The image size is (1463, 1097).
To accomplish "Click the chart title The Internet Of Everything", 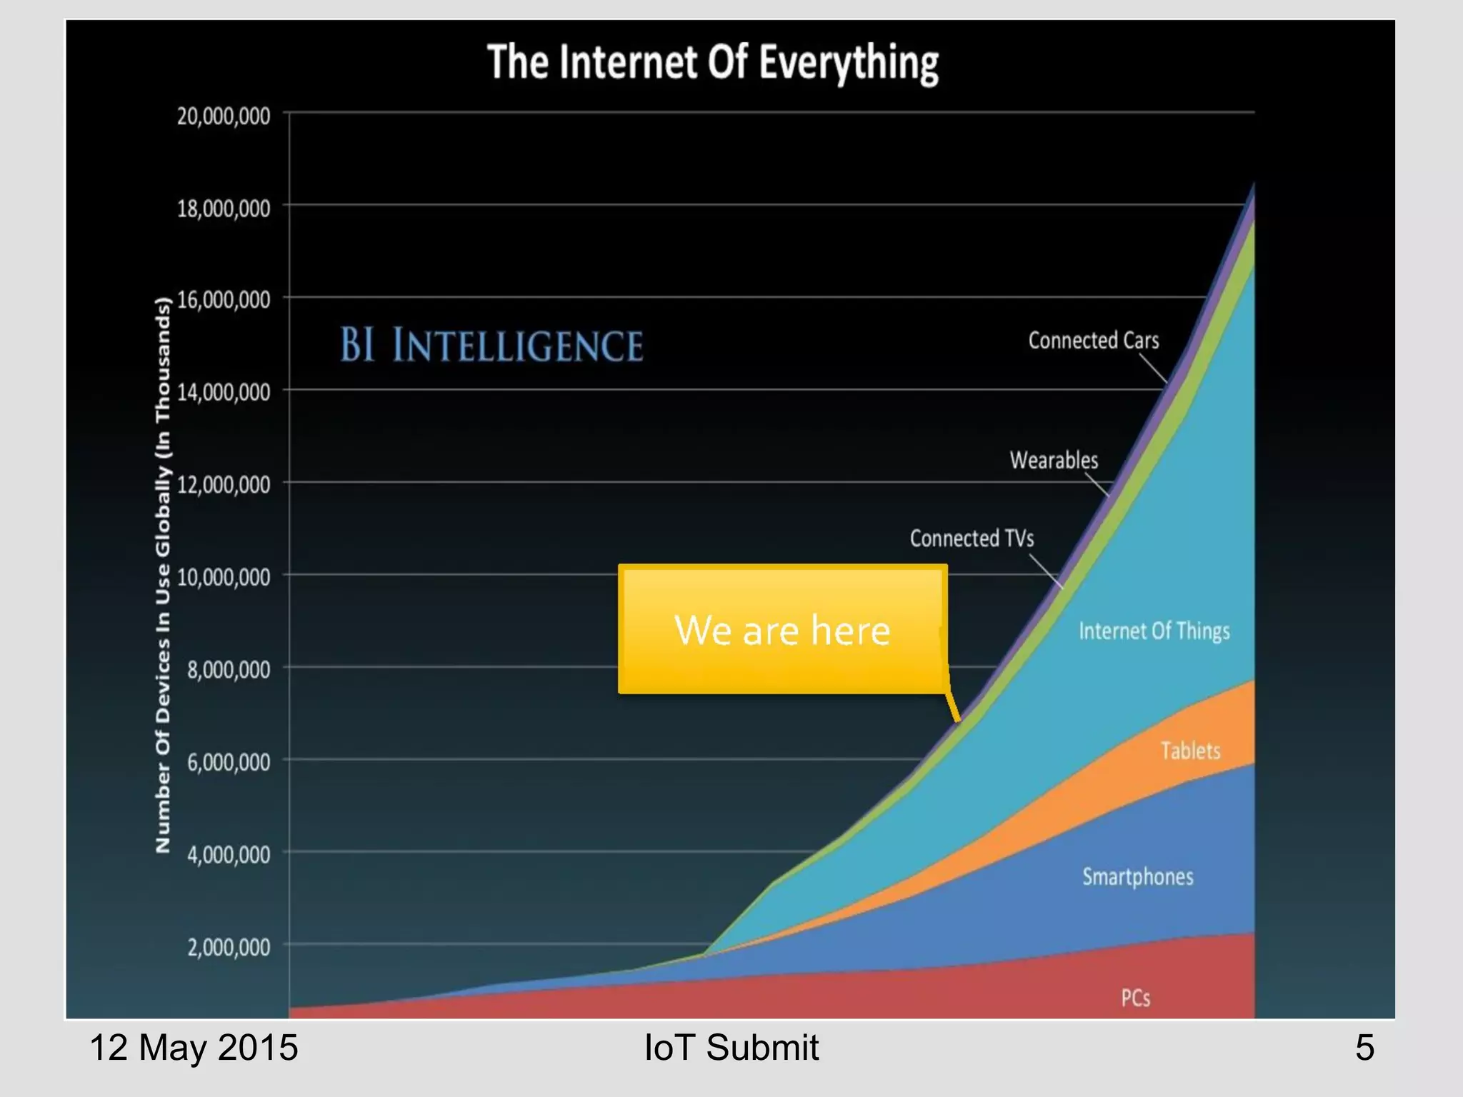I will (x=712, y=63).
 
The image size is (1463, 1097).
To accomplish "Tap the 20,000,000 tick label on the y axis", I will (x=224, y=116).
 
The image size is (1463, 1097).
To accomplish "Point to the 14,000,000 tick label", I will (x=224, y=392).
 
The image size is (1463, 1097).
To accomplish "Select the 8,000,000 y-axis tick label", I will (x=229, y=670).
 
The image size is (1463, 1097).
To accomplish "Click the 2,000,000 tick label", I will (x=229, y=948).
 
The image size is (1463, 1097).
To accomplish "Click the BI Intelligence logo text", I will (x=491, y=345).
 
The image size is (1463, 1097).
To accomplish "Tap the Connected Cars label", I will (x=1093, y=341).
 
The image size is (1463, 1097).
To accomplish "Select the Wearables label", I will (x=1054, y=460).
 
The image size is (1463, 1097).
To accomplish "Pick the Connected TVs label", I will (x=972, y=539).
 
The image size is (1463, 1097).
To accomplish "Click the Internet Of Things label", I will (x=1154, y=631).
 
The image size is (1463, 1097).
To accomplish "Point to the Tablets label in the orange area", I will (x=1190, y=751).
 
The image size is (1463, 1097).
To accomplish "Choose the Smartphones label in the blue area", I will (x=1137, y=876).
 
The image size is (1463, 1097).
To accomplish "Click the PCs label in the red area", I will (x=1135, y=998).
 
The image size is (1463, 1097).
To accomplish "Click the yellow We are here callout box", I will (x=782, y=629).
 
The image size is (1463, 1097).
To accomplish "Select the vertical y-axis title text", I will (x=164, y=575).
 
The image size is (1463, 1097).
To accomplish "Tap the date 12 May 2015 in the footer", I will (x=193, y=1048).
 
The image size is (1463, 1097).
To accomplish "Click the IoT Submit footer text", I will (x=731, y=1048).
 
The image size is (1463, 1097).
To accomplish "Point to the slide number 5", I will (x=1364, y=1048).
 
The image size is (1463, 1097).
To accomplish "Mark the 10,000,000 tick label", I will (x=224, y=577).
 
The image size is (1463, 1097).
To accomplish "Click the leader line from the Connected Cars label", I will (x=1152, y=369).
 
